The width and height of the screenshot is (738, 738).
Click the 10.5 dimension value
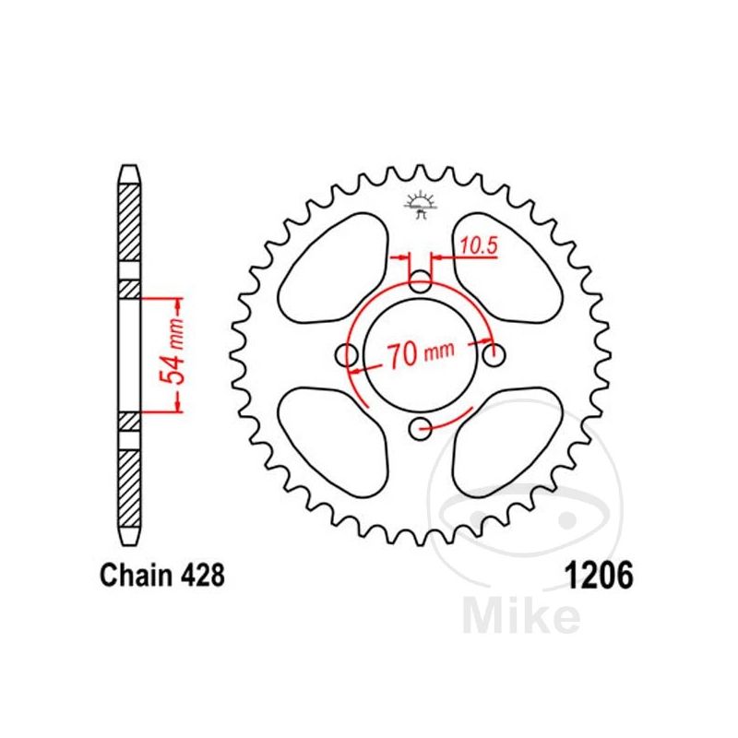pos(478,245)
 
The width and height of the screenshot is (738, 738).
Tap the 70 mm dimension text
pos(421,353)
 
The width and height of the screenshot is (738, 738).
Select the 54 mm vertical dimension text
pos(172,351)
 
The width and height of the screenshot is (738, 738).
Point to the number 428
pos(203,575)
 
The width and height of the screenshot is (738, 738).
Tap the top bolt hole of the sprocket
pos(420,282)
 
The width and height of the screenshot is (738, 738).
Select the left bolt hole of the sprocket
pos(347,355)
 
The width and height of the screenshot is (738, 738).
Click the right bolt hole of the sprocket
pos(494,355)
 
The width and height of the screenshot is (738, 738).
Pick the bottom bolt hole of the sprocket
pos(420,428)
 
